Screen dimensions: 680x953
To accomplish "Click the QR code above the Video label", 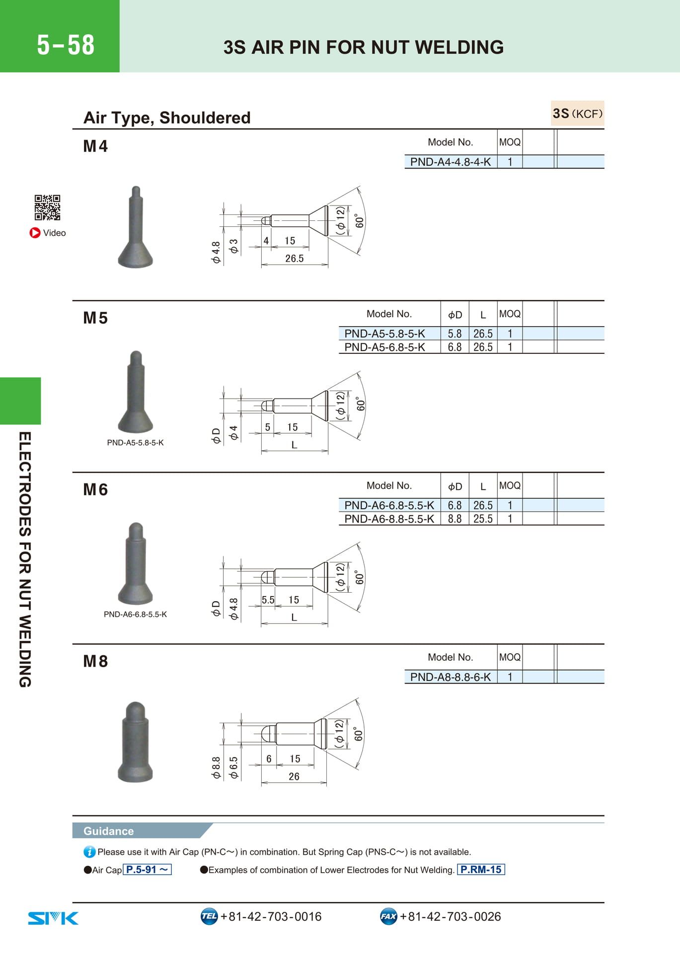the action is pyautogui.click(x=47, y=207).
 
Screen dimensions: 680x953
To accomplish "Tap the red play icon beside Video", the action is pyautogui.click(x=35, y=233).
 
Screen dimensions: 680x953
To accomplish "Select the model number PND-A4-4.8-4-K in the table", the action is pyautogui.click(x=450, y=162).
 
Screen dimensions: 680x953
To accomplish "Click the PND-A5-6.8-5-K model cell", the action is pyautogui.click(x=384, y=347).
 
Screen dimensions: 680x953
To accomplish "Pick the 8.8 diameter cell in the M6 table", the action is pyautogui.click(x=454, y=519).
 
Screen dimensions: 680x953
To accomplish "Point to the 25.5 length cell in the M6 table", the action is pyautogui.click(x=483, y=519).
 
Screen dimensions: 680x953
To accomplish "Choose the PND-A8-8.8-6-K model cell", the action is pyautogui.click(x=450, y=677).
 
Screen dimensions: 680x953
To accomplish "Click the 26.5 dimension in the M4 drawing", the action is pyautogui.click(x=294, y=259).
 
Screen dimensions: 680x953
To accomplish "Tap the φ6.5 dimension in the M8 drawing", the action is pyautogui.click(x=233, y=767).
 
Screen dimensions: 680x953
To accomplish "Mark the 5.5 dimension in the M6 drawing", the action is pyautogui.click(x=268, y=600).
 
